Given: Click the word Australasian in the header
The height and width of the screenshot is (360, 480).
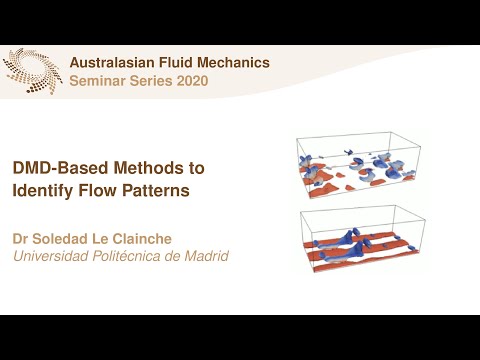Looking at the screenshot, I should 115,63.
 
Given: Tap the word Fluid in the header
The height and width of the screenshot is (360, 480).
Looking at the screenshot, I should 181,63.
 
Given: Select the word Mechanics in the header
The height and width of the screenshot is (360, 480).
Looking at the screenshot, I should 235,63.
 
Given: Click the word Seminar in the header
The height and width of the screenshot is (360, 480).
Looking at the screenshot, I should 96,80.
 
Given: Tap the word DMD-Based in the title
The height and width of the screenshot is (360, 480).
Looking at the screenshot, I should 52,168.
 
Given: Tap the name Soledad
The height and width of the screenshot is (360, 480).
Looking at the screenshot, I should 60,239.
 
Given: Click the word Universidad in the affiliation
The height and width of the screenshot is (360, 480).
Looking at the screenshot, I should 49,257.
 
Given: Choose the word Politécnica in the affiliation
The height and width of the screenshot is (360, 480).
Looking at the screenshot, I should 126,257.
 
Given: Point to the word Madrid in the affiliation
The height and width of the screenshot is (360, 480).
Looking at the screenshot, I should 205,257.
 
